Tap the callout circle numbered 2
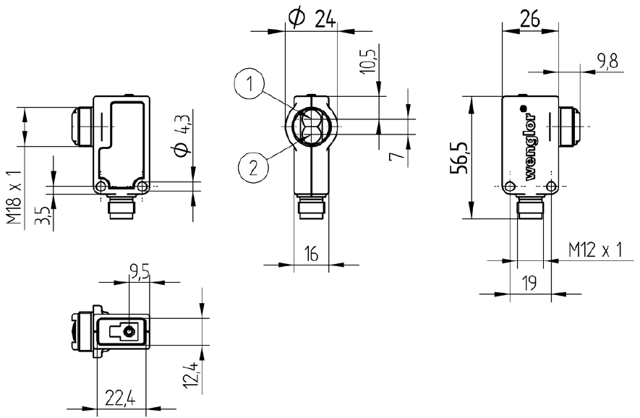coord(252,168)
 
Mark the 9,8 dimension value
coord(607,62)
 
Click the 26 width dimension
coord(530,20)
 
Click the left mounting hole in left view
coord(100,188)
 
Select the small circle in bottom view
coord(128,332)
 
